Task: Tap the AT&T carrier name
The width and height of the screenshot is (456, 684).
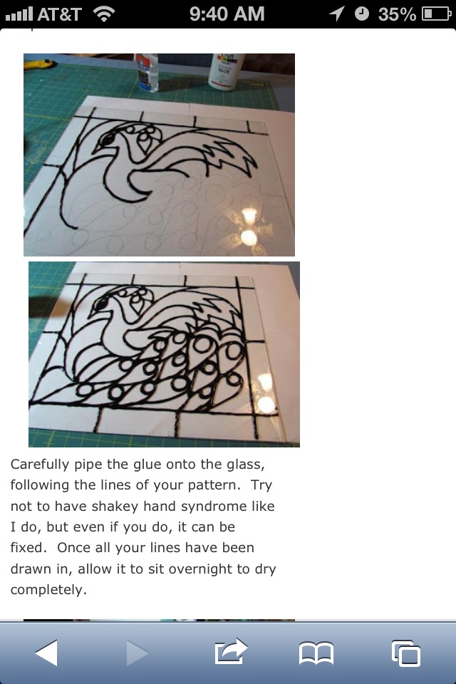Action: pyautogui.click(x=61, y=14)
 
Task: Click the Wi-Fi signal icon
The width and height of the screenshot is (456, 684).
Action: pyautogui.click(x=104, y=14)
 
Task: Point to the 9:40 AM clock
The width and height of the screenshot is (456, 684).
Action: pyautogui.click(x=227, y=14)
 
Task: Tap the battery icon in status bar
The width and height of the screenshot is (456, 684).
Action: pyautogui.click(x=435, y=14)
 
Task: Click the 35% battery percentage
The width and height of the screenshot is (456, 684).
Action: pyautogui.click(x=397, y=14)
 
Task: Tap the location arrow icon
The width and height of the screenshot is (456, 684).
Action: pyautogui.click(x=336, y=14)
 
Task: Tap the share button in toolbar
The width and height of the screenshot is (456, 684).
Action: pyautogui.click(x=230, y=651)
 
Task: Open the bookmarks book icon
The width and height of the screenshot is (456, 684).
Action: pyautogui.click(x=316, y=652)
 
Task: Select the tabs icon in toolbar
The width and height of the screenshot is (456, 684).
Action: pyautogui.click(x=405, y=653)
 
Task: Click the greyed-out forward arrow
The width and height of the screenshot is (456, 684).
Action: pyautogui.click(x=137, y=653)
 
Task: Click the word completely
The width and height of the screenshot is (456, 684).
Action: pyautogui.click(x=48, y=590)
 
